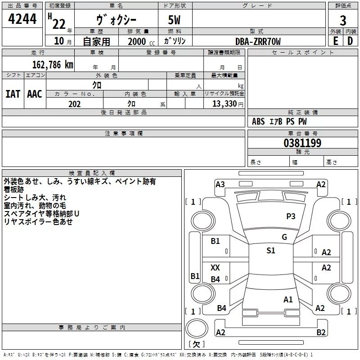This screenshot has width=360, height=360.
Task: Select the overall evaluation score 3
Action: tap(343, 20)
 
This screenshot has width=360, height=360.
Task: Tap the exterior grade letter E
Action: tap(336, 40)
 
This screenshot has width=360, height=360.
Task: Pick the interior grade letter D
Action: tap(350, 40)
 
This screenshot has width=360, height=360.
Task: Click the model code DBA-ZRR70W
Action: tap(258, 41)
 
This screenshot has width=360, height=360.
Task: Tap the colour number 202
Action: tap(74, 104)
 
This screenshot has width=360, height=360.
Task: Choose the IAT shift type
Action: tap(13, 94)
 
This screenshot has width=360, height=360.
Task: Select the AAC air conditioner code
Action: tap(35, 94)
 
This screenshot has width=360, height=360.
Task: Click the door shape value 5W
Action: tap(175, 21)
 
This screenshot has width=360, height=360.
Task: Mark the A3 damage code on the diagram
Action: tap(220, 184)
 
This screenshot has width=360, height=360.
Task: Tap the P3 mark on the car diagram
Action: tap(291, 216)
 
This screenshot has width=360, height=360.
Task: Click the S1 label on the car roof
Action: tap(270, 251)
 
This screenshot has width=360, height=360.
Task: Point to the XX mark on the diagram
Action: tap(215, 268)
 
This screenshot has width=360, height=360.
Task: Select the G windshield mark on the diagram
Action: tap(284, 237)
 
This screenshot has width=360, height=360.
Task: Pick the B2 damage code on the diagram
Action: tap(321, 333)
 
